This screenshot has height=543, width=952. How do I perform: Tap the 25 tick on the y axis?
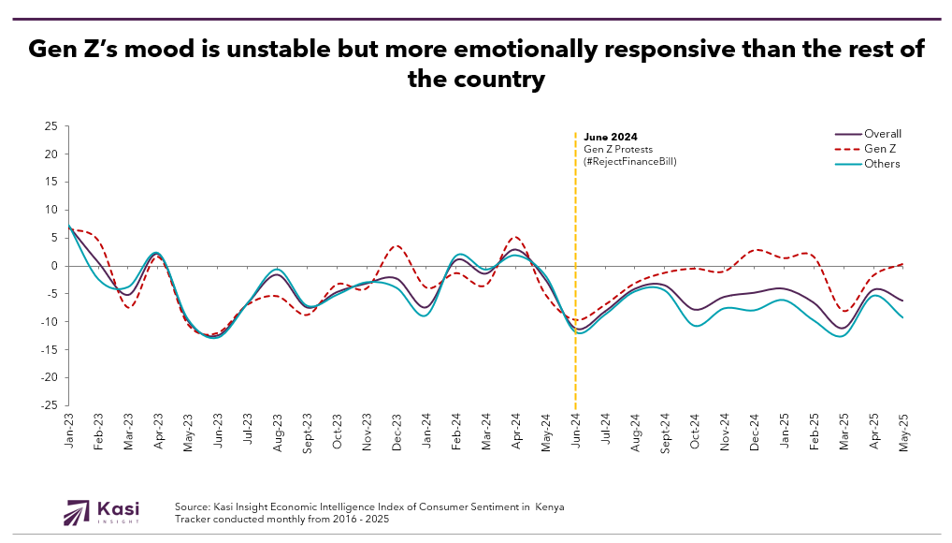pos(51,126)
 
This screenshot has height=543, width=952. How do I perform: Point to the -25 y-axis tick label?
pos(50,405)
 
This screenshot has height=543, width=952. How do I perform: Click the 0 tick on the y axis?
pos(54,266)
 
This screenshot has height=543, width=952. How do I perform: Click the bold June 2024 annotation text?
pos(610,137)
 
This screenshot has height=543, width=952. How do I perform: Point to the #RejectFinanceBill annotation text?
pos(629,161)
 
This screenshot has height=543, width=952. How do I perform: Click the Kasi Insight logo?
pos(101,512)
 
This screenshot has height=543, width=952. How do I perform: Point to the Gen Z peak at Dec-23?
pos(396,246)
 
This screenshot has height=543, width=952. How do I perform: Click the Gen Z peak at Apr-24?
pos(515,237)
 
